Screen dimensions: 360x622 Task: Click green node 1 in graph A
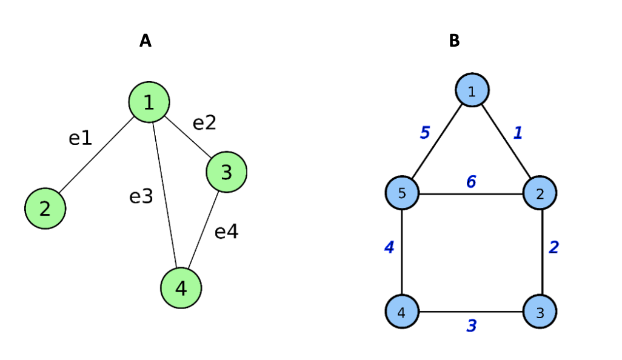click(x=149, y=102)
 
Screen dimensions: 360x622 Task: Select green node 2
click(x=45, y=208)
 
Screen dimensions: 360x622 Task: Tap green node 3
click(x=226, y=172)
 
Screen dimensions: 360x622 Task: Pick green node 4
click(x=181, y=288)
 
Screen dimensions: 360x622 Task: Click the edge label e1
click(x=80, y=138)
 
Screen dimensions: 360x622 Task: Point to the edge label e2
click(x=204, y=123)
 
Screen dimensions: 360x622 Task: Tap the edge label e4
click(x=226, y=232)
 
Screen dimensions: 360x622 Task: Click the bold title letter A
click(x=145, y=41)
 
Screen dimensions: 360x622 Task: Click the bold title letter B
click(x=454, y=41)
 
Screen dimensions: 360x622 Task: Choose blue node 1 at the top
click(x=472, y=90)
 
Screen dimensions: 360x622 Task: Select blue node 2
click(x=540, y=194)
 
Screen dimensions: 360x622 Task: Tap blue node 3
click(x=540, y=312)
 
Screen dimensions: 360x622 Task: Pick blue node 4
click(x=403, y=312)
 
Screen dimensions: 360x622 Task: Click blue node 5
click(x=403, y=194)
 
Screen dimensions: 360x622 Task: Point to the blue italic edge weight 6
click(x=471, y=181)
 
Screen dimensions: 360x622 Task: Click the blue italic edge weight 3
click(x=471, y=325)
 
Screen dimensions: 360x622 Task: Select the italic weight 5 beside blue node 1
click(x=425, y=132)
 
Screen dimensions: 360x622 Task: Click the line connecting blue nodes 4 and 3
click(x=471, y=312)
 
